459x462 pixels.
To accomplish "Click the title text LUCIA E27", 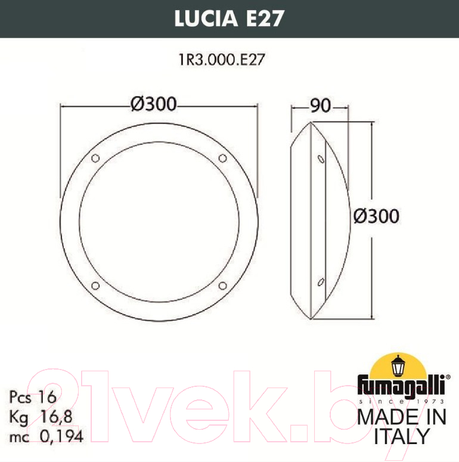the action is [229, 18].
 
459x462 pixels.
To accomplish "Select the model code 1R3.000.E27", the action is [222, 59].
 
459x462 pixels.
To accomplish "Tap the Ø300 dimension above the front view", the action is [153, 104].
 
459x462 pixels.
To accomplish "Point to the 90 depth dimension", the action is [320, 106].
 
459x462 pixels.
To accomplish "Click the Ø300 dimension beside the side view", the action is [376, 216].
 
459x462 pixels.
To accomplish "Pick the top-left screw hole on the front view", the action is [95, 158].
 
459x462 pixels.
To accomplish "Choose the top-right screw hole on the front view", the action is [223, 158].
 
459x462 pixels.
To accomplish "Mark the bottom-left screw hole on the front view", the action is [95, 286].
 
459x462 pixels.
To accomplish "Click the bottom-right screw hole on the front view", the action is [223, 286].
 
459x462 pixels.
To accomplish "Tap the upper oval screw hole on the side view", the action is [321, 159].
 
